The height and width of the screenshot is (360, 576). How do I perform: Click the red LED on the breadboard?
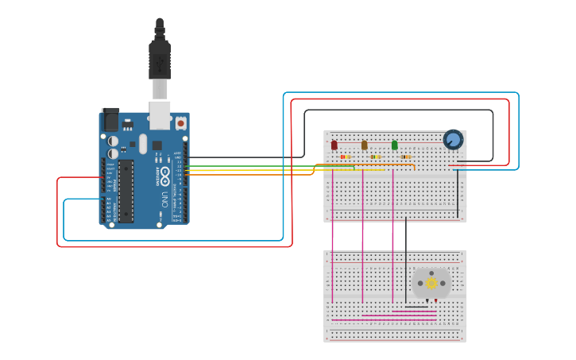click(334, 145)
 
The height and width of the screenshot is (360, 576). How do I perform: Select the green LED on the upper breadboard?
click(395, 145)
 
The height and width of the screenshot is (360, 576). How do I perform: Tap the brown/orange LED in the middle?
click(365, 145)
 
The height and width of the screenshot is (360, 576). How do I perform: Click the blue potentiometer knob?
click(453, 140)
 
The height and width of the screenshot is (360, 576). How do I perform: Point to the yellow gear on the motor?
click(431, 283)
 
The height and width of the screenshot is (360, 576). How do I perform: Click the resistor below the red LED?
click(345, 157)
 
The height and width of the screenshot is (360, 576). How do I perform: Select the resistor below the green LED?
click(405, 157)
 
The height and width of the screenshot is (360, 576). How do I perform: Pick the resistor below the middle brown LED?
click(375, 157)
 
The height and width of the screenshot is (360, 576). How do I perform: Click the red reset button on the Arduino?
click(180, 124)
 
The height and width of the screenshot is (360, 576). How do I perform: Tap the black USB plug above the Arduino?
click(160, 56)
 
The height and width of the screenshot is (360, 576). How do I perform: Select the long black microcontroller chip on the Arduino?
click(125, 191)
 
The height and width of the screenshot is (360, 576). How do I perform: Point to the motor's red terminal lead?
click(435, 301)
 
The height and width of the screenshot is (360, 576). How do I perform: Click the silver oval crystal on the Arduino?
click(143, 144)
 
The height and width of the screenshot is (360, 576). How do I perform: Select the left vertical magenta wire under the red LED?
click(333, 238)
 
